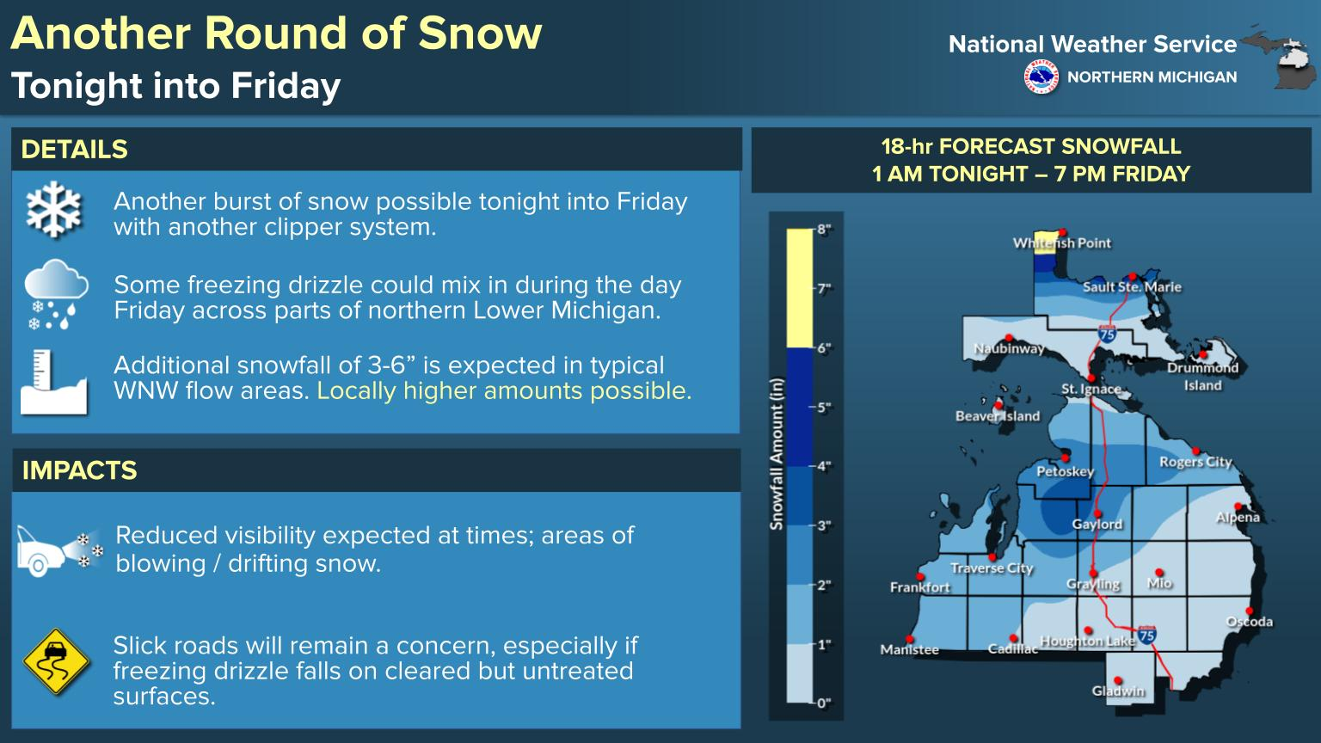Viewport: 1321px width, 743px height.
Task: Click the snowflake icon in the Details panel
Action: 53,209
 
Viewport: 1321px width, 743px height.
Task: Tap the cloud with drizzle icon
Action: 56,294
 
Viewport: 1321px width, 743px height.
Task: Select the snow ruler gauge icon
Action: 53,382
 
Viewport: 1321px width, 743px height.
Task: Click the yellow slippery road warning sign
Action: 56,661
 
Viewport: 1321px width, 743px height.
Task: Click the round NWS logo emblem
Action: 1041,77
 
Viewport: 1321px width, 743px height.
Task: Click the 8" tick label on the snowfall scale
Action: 825,230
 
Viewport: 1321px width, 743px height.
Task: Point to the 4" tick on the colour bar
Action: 825,466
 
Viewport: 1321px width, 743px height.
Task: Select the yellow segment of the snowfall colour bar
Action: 800,288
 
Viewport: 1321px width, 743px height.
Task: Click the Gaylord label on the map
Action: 1097,525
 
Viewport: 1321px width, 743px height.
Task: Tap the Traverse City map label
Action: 992,568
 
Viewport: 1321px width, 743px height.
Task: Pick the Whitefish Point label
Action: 1061,243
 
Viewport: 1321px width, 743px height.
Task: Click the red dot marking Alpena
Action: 1238,507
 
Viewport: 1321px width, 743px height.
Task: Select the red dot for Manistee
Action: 909,639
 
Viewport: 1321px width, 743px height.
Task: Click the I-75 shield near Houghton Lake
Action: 1146,635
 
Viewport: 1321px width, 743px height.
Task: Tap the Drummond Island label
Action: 1202,377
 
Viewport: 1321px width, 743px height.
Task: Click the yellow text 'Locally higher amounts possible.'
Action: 504,391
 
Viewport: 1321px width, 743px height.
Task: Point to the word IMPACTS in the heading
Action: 80,470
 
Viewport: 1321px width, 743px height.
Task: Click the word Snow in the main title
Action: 480,33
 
